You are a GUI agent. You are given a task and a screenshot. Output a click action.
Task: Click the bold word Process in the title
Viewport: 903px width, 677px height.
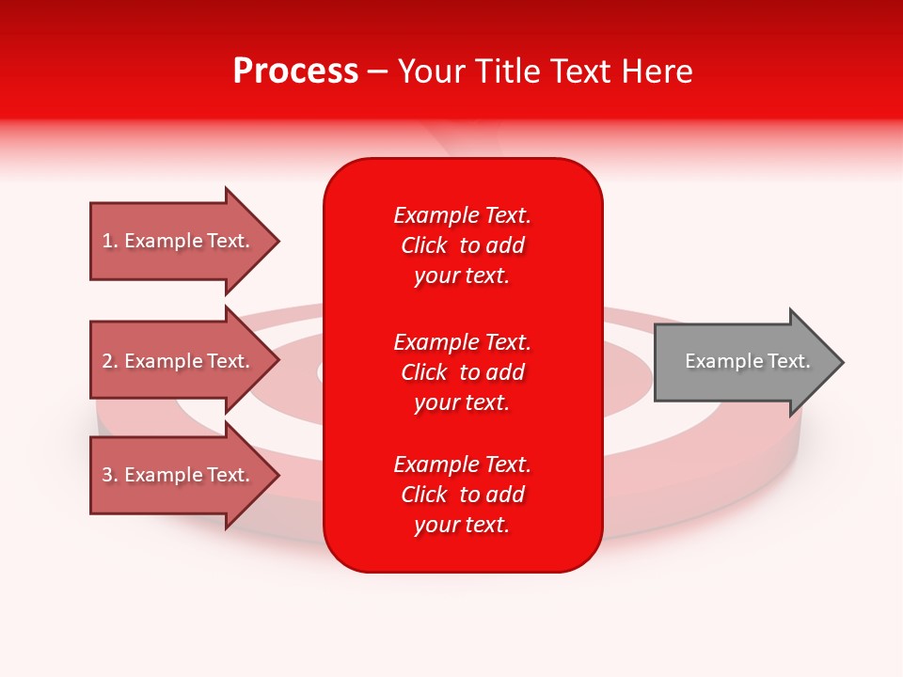[x=295, y=71]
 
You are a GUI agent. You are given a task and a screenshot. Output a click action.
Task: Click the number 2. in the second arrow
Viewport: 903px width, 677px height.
[x=110, y=361]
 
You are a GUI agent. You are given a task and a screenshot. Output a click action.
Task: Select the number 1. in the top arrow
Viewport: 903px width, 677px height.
[x=109, y=241]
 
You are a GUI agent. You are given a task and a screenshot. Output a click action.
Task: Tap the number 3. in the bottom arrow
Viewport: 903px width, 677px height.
[x=110, y=475]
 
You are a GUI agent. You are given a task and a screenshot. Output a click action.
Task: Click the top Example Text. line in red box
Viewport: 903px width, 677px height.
[x=462, y=215]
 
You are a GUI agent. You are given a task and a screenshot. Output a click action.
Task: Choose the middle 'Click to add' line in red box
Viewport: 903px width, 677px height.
[x=462, y=372]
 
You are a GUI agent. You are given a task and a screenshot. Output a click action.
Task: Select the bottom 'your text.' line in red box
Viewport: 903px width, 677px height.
[x=462, y=525]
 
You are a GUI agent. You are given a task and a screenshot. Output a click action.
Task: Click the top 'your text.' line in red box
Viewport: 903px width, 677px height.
[x=462, y=276]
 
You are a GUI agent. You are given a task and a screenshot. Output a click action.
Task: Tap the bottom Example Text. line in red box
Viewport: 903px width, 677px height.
[x=462, y=464]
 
